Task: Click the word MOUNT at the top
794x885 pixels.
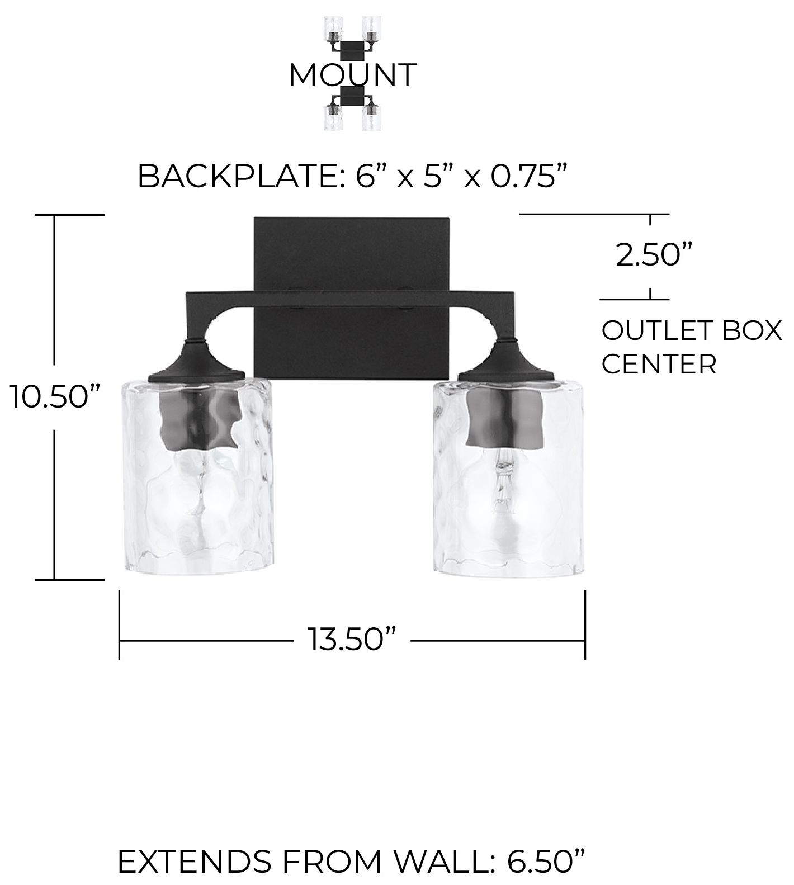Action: [352, 75]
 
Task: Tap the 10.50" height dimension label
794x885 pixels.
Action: [54, 397]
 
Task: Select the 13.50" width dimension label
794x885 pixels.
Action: [352, 639]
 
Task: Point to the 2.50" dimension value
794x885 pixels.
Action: [650, 255]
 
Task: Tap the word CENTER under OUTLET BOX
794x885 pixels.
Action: [659, 365]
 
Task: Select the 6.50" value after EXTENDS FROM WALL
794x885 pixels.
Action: [547, 861]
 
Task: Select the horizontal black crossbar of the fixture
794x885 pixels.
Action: [351, 299]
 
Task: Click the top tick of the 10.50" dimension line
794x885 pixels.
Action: [70, 215]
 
